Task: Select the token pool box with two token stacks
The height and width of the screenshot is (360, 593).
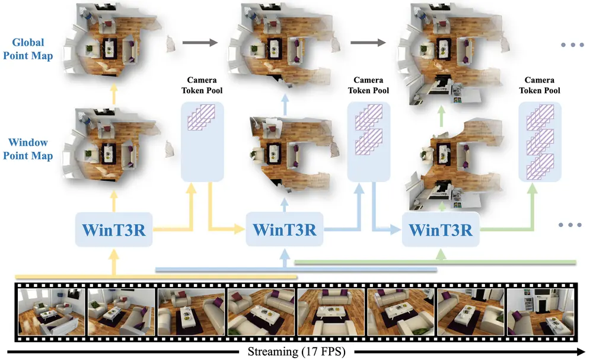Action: pos(368,141)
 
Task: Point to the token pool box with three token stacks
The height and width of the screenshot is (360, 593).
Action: pos(539,141)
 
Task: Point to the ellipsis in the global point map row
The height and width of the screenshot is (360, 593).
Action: pos(572,46)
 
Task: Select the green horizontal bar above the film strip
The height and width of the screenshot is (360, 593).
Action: pos(436,262)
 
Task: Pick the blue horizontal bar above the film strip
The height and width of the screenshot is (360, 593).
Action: pos(296,269)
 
